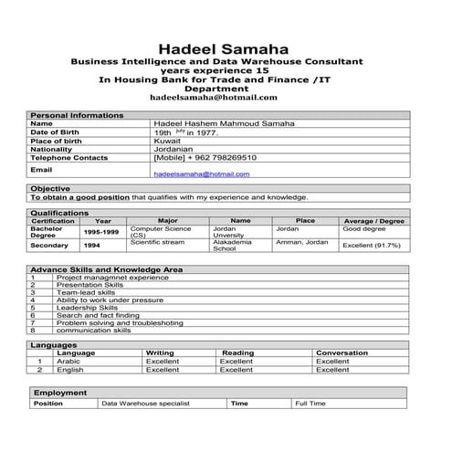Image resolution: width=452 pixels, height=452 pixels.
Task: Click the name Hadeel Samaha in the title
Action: [x=224, y=47]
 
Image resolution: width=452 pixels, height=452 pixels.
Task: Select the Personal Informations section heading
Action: [x=77, y=115]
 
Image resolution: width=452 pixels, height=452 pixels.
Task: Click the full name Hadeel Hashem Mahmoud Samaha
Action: [x=225, y=123]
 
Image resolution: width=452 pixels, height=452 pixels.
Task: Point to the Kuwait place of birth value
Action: [x=168, y=141]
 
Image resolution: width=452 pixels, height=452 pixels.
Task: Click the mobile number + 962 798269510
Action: [x=205, y=157]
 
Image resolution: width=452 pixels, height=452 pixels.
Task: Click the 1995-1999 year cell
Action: [x=102, y=232]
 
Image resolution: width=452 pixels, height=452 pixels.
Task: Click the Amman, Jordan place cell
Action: [x=301, y=242]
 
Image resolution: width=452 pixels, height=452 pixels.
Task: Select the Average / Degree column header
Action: [x=373, y=221]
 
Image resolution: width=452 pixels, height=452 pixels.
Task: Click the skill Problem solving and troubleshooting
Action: [x=120, y=322]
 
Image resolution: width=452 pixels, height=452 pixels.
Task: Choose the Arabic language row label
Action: [x=68, y=362]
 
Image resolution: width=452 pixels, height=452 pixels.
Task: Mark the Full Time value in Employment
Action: [x=310, y=403]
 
